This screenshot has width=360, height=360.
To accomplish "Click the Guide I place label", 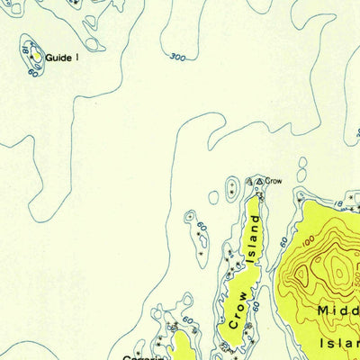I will (x=61, y=57).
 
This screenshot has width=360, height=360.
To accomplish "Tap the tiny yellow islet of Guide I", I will (x=33, y=57).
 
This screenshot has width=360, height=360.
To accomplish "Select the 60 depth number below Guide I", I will (x=34, y=71).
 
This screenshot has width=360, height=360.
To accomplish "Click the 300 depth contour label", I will (x=177, y=58).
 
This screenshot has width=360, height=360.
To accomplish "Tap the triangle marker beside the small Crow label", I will (x=259, y=181).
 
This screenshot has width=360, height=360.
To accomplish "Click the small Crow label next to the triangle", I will (x=274, y=181).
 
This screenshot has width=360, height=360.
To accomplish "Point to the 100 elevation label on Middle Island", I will (x=309, y=242).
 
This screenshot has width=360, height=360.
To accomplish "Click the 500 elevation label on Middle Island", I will (x=355, y=281).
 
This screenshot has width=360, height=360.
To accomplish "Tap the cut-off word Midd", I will (x=338, y=311).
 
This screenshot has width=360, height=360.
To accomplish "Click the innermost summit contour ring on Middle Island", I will (x=338, y=266).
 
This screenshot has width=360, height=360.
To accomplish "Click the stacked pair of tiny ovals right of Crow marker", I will (x=301, y=168).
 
